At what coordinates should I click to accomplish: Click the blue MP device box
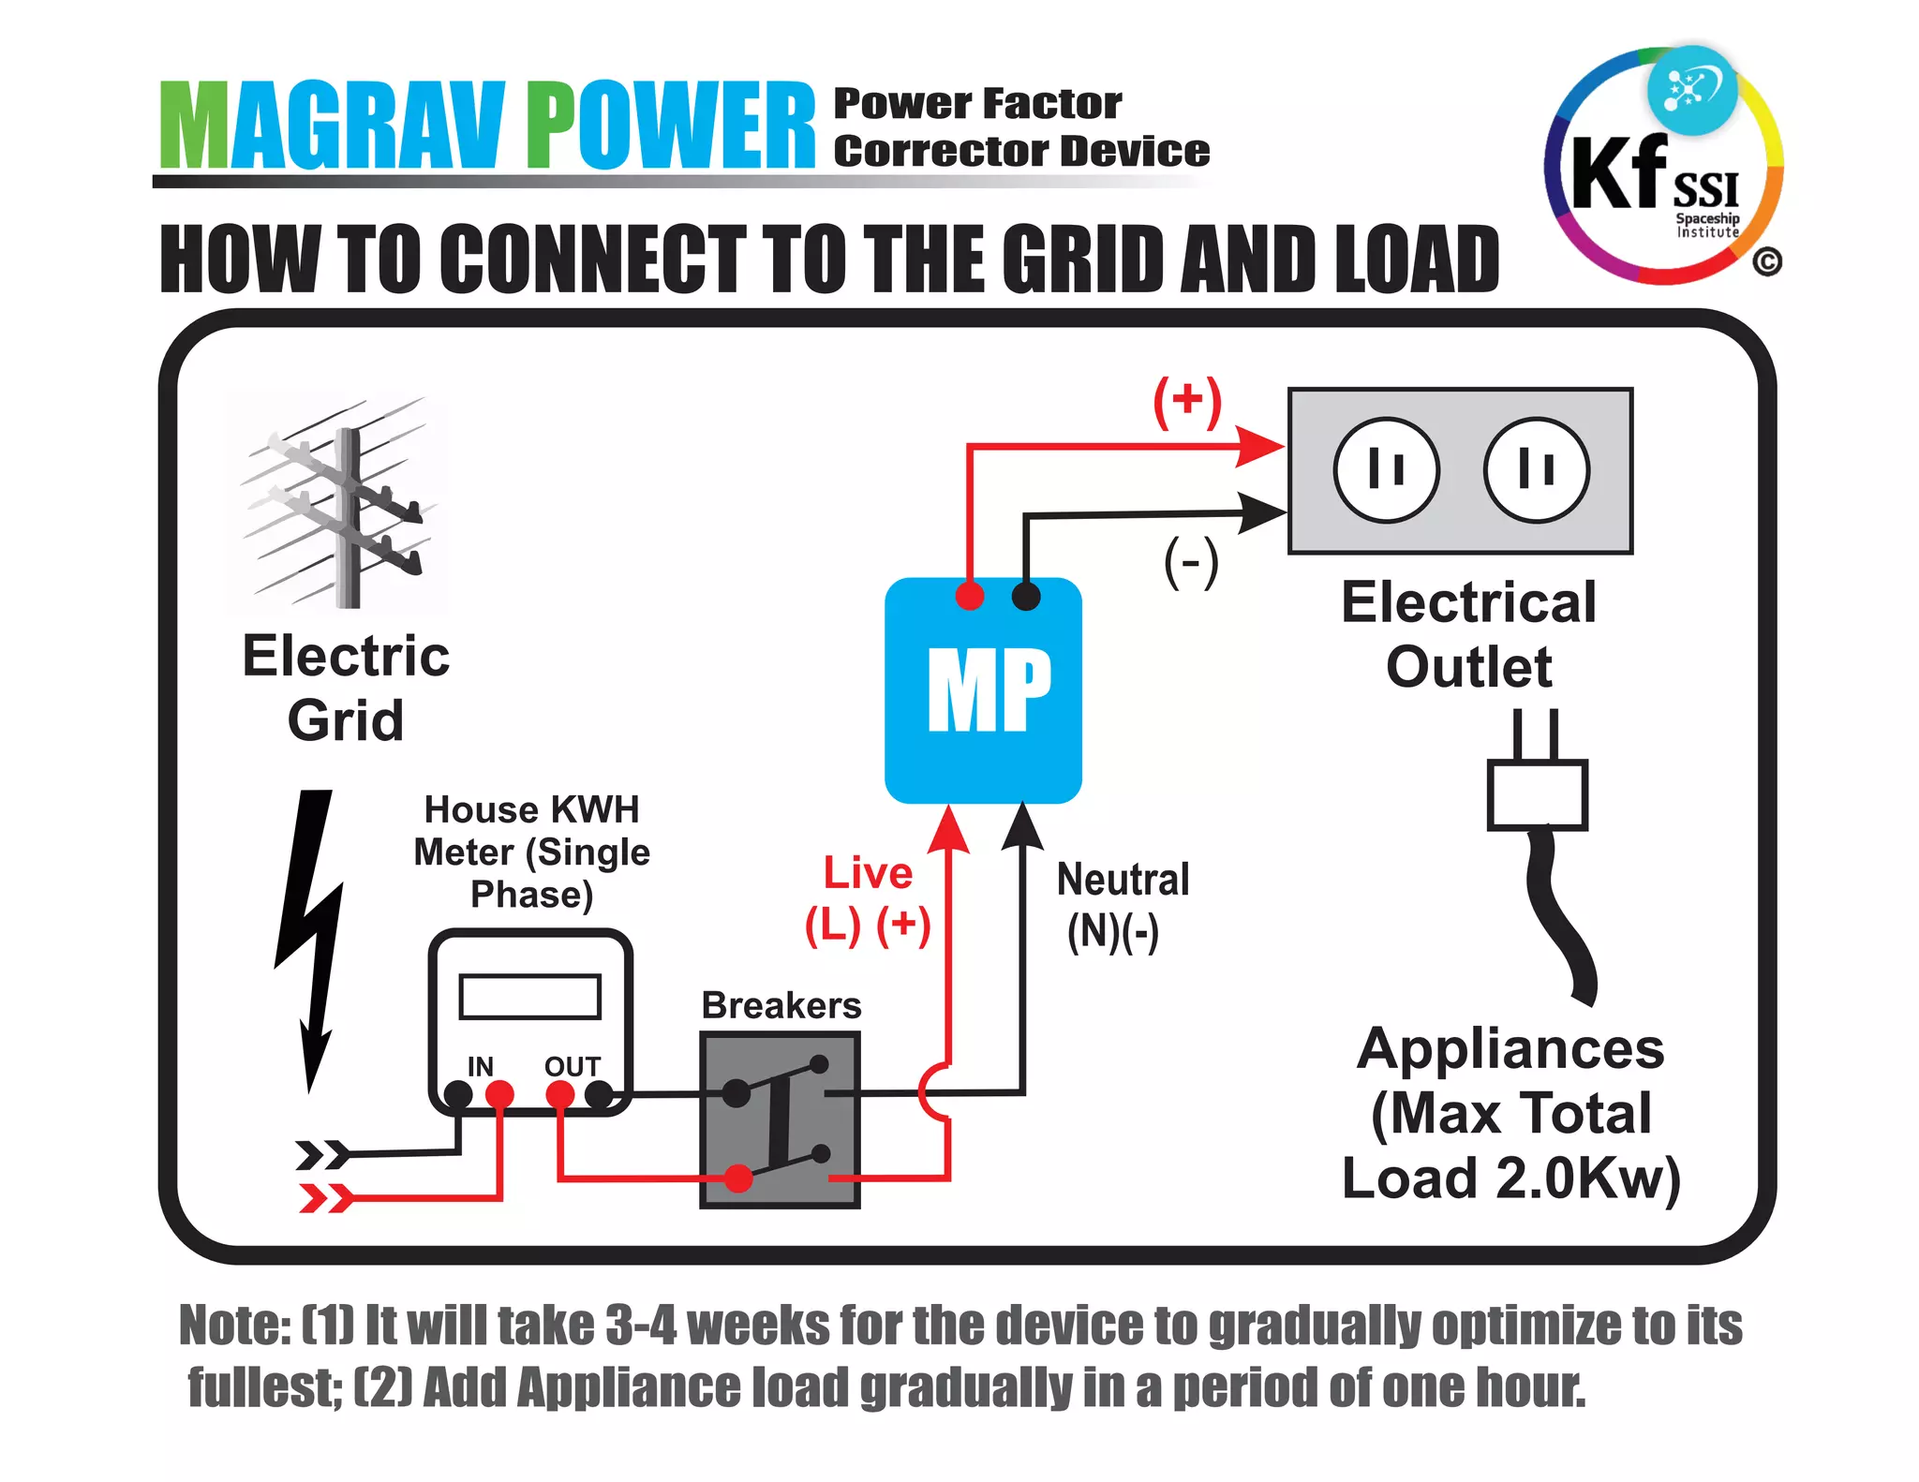(982, 691)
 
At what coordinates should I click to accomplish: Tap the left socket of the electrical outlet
(1386, 469)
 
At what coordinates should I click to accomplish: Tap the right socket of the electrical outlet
(1537, 469)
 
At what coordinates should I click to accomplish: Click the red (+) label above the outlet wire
(1187, 401)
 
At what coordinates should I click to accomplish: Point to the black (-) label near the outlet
(1191, 562)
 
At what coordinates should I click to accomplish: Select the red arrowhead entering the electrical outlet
(1259, 446)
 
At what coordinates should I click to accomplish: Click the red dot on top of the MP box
(970, 596)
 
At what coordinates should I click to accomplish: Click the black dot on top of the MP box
(1026, 596)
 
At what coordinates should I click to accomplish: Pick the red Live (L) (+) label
(868, 899)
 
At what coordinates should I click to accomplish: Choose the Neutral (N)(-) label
(1122, 905)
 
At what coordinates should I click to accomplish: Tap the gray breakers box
(780, 1119)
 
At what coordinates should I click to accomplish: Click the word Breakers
(781, 1005)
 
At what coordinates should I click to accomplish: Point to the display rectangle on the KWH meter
(529, 997)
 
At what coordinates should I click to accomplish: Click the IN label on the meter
(480, 1066)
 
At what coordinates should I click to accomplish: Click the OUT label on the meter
(572, 1066)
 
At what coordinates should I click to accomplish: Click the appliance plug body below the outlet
(1537, 794)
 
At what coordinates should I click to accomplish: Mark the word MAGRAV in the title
(333, 126)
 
